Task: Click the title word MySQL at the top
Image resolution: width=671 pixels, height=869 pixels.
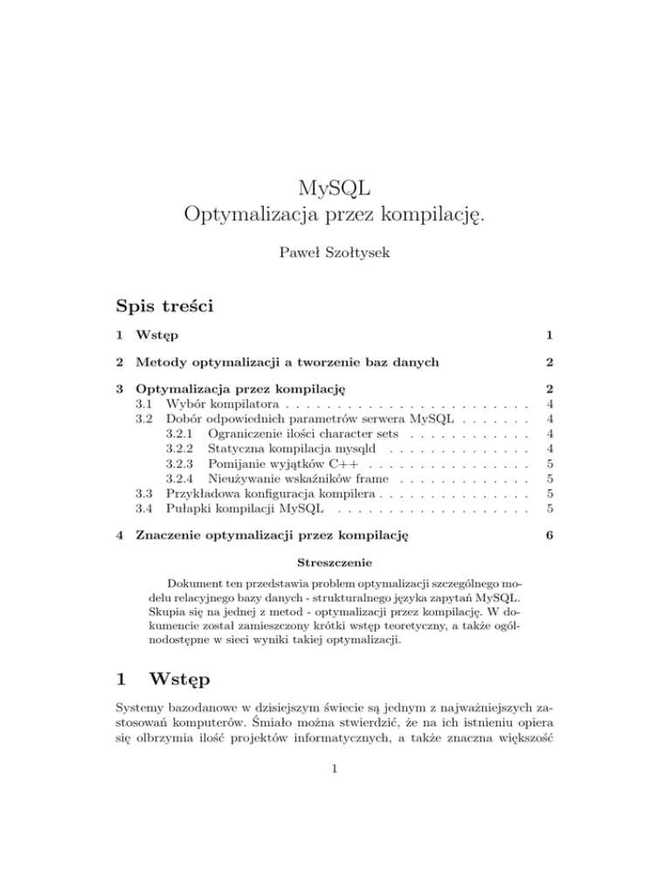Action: (x=336, y=186)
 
